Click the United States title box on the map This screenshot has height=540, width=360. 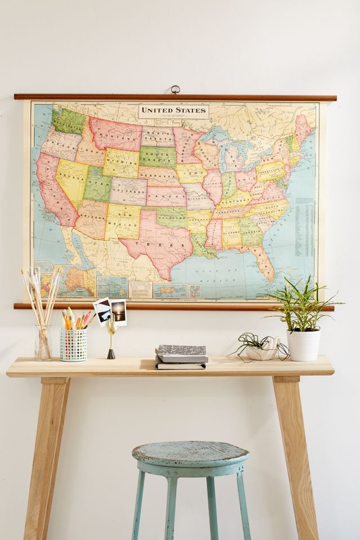pos(174,110)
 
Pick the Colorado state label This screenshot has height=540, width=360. pos(128,190)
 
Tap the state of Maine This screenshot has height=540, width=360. pos(304,129)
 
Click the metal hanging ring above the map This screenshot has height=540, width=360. pos(175,89)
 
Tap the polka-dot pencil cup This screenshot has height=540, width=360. pos(74,344)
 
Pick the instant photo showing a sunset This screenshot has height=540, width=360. pos(119,312)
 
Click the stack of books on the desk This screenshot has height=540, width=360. pos(181,357)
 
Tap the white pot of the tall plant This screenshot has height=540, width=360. pos(303,344)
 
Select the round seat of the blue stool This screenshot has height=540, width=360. pos(191,453)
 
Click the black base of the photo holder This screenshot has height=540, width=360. pos(111,354)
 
